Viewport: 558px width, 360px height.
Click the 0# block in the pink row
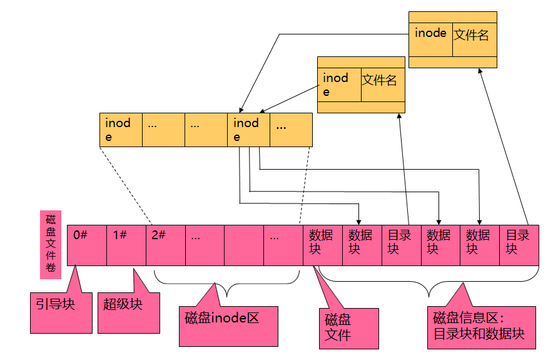pyautogui.click(x=86, y=245)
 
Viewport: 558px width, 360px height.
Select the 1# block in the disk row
pyautogui.click(x=126, y=245)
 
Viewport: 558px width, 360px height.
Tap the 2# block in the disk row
pyautogui.click(x=165, y=245)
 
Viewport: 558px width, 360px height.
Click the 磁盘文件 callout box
pyautogui.click(x=348, y=328)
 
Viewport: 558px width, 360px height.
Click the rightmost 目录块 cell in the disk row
pyautogui.click(x=520, y=245)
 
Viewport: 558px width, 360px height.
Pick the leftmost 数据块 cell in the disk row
pyautogui.click(x=322, y=245)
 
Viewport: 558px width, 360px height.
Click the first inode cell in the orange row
pyautogui.click(x=121, y=130)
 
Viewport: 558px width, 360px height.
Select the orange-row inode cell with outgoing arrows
pyautogui.click(x=249, y=130)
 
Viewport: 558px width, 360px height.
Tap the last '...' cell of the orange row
pyautogui.click(x=291, y=130)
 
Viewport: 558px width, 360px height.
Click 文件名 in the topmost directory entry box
pyautogui.click(x=474, y=35)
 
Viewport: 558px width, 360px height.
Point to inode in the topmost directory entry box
pyautogui.click(x=431, y=34)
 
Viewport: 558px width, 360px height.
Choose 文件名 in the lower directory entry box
pyautogui.click(x=382, y=81)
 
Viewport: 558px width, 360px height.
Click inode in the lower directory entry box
pyautogui.click(x=339, y=84)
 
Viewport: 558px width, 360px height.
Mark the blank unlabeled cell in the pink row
pyautogui.click(x=243, y=245)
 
